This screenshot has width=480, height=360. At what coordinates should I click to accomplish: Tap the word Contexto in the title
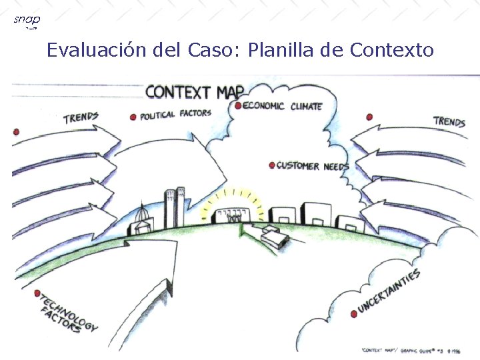[392, 50]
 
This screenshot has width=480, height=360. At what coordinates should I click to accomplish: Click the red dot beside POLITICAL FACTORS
[133, 116]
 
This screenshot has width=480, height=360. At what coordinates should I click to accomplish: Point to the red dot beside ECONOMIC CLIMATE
[238, 105]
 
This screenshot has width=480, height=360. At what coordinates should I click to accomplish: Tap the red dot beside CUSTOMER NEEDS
[271, 165]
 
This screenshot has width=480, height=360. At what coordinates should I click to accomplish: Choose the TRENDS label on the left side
[81, 118]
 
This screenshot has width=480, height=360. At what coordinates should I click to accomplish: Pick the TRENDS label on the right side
[449, 121]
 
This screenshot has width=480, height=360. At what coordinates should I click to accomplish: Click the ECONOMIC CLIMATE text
[283, 106]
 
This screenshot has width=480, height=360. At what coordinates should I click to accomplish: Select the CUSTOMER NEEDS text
[312, 166]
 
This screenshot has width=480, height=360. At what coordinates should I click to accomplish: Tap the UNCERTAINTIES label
[389, 291]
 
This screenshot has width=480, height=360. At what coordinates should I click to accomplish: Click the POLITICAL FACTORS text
[175, 115]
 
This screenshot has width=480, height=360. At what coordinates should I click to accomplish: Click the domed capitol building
[145, 220]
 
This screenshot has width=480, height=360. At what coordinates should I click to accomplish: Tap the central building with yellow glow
[231, 213]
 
